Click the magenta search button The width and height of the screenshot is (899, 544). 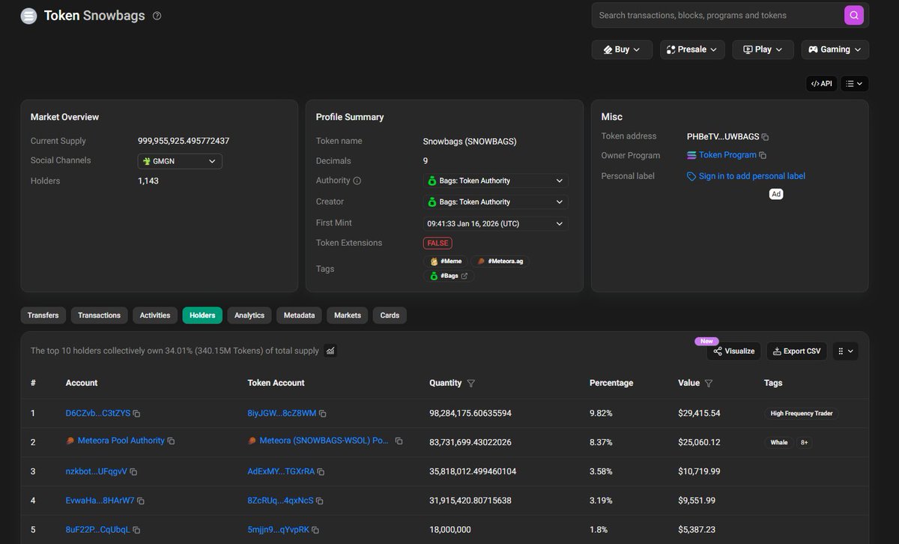click(x=853, y=15)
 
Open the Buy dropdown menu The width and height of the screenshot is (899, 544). click(x=622, y=49)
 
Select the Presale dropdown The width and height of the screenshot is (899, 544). click(x=692, y=49)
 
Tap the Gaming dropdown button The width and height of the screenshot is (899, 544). click(x=835, y=49)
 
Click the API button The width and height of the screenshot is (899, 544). click(x=821, y=84)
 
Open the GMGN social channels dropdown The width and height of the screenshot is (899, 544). click(x=180, y=161)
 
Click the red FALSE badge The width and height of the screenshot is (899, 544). click(x=438, y=244)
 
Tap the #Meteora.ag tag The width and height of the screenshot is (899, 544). click(x=500, y=262)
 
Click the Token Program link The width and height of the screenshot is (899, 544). click(x=727, y=155)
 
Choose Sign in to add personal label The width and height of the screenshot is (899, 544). click(x=751, y=176)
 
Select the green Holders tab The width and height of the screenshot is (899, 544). click(x=202, y=315)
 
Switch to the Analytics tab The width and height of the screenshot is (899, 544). click(x=249, y=315)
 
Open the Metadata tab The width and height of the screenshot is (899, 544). click(x=299, y=315)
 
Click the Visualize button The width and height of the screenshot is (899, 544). click(x=733, y=351)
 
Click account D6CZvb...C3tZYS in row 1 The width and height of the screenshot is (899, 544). click(x=98, y=413)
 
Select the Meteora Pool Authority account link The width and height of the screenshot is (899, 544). click(x=121, y=441)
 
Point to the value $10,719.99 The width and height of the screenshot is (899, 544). click(x=699, y=471)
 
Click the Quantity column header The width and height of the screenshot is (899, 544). click(x=445, y=383)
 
